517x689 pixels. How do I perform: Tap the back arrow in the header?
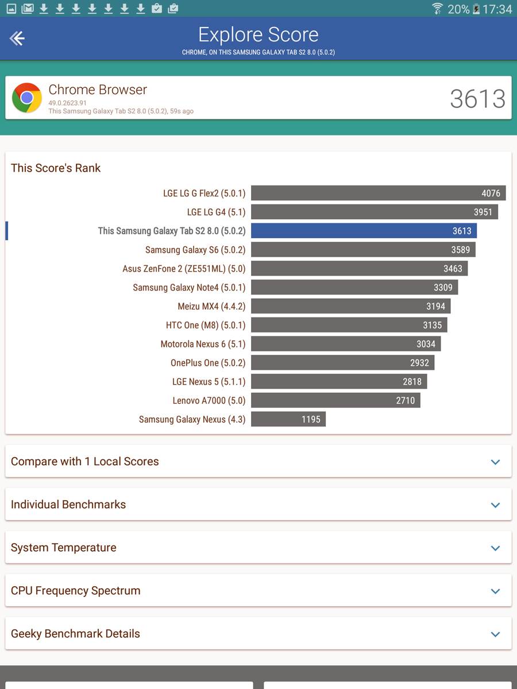(17, 38)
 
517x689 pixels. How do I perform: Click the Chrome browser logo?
(27, 98)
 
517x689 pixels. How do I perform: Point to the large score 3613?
(477, 99)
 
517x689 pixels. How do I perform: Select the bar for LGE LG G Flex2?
(378, 193)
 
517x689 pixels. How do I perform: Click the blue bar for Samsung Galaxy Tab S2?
(364, 231)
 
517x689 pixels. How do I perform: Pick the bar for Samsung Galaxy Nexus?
(288, 419)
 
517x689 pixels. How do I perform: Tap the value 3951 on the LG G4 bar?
(483, 212)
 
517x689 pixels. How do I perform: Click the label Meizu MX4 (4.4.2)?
(211, 306)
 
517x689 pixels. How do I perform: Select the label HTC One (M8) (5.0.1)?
(206, 325)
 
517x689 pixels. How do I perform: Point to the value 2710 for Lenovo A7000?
(405, 400)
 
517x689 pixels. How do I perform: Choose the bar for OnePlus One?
(342, 363)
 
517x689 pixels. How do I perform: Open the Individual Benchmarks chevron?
(495, 505)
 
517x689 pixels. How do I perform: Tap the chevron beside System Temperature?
(495, 548)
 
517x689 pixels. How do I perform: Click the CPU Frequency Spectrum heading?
(76, 590)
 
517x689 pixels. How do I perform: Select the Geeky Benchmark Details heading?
(76, 633)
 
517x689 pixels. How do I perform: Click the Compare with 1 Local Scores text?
(85, 461)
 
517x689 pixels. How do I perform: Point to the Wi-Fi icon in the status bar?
(437, 9)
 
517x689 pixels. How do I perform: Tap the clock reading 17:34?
(497, 9)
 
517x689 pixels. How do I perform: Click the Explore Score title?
(258, 34)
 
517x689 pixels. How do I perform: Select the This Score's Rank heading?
(56, 168)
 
